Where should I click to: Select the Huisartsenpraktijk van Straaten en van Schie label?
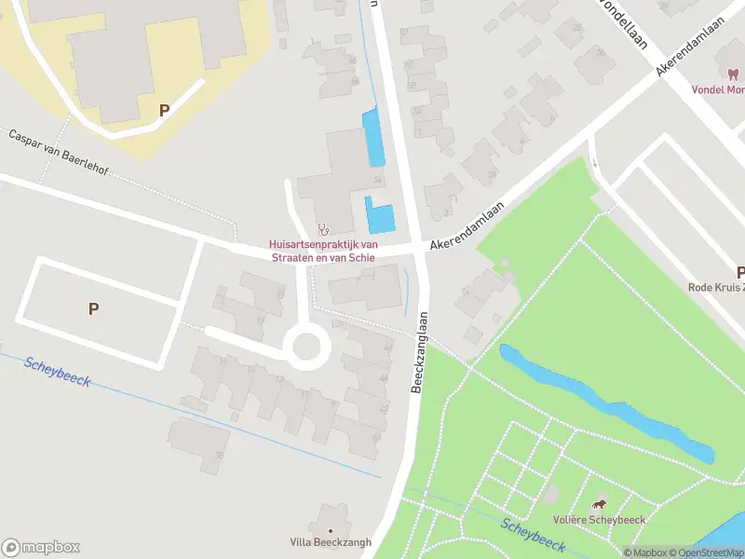point(324,251)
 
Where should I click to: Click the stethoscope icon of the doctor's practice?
point(324,227)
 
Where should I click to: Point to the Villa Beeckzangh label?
point(330,542)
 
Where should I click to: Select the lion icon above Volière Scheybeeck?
point(598,503)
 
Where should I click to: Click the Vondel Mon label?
point(718,90)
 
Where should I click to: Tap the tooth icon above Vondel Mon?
point(729,74)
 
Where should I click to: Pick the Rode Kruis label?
point(716,288)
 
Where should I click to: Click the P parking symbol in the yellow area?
point(164,110)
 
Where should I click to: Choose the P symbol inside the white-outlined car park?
point(93,309)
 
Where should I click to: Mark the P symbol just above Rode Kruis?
point(740,273)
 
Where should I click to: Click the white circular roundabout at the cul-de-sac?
point(306,348)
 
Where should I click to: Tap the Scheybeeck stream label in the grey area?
point(58,373)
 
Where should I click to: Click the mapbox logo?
point(41,548)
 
